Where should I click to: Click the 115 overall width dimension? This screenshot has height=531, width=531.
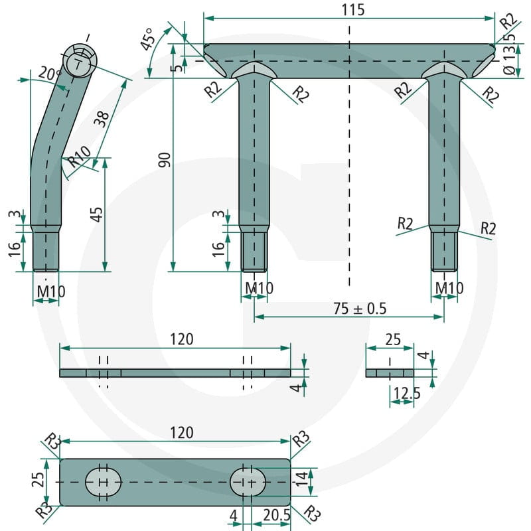(x=353, y=9)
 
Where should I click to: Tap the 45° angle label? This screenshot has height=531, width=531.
(x=148, y=39)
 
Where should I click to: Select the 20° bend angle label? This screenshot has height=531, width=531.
(x=49, y=73)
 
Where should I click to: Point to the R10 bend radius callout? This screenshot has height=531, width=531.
(x=79, y=157)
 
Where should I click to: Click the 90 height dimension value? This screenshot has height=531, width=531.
(x=165, y=160)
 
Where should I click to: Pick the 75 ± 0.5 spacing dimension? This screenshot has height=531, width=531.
(x=360, y=308)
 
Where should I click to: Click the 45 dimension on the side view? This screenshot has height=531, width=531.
(x=96, y=214)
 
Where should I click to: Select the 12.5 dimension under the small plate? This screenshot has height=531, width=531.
(x=407, y=393)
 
